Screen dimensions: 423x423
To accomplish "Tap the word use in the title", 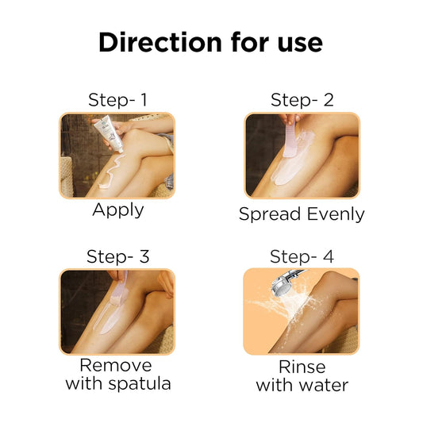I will pos(296,42).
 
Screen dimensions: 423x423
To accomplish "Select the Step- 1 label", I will pos(118,100).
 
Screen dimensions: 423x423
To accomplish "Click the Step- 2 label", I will pos(302,100).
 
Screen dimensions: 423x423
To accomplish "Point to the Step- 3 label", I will pos(118,256).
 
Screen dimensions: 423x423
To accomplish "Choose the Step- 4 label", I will pos(302,256).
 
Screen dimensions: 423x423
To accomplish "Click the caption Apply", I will pos(118,210).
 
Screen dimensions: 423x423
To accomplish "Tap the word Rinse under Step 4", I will pos(302,367).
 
